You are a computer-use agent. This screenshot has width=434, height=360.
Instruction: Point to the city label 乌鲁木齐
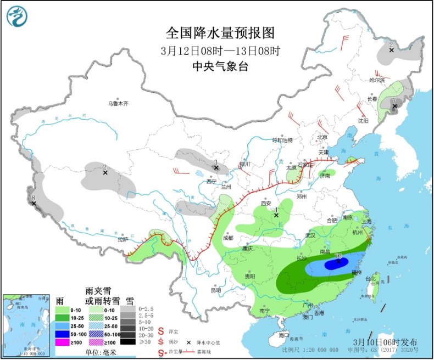tap(117, 103)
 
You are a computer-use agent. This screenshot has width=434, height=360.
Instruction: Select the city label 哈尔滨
tap(377, 80)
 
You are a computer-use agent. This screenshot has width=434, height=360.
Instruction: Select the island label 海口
tap(283, 334)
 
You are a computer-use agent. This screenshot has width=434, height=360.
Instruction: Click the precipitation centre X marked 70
tap(337, 262)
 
